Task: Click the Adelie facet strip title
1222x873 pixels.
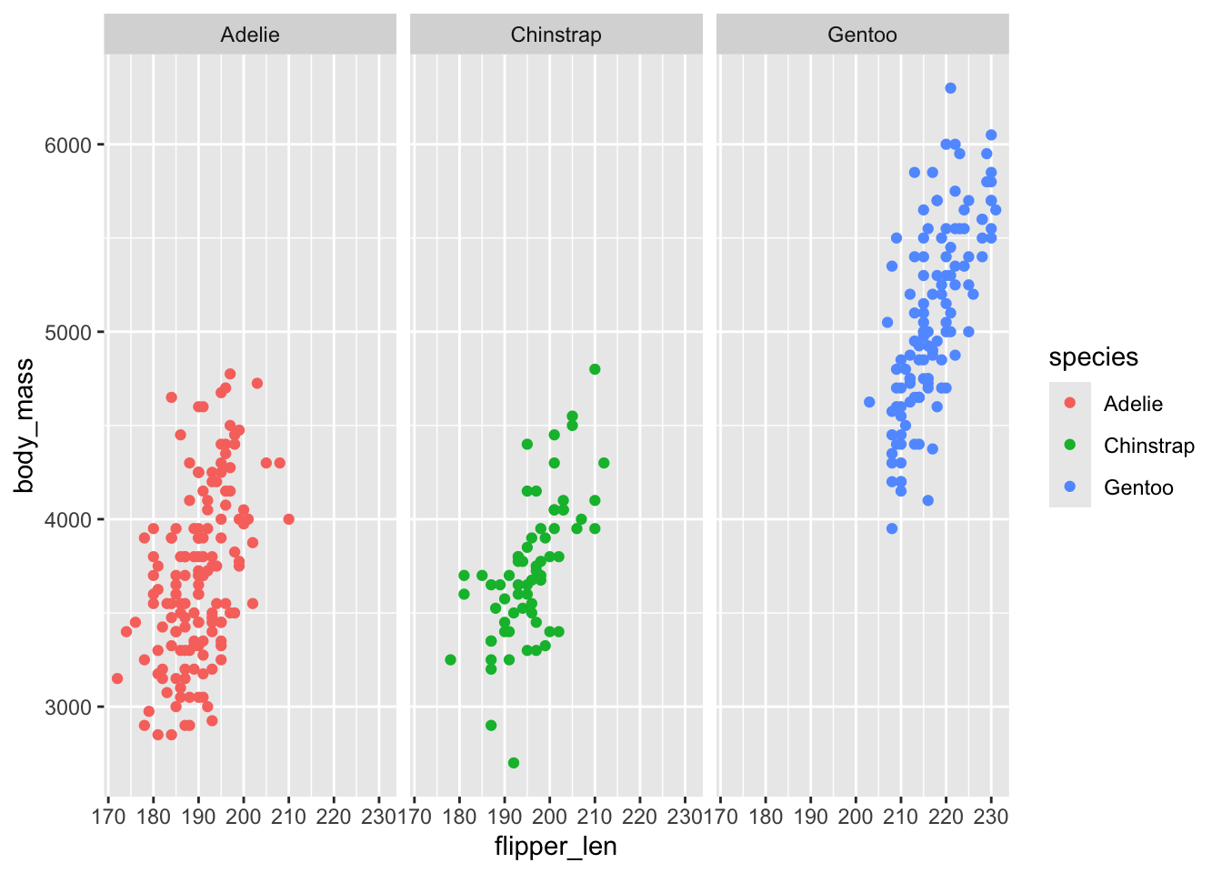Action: [250, 35]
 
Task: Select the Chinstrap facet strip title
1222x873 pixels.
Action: [556, 35]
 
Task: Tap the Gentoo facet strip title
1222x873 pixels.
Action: [862, 35]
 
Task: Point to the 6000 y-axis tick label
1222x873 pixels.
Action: [68, 145]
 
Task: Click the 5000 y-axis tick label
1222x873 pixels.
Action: [68, 333]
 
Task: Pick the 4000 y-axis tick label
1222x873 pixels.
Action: [68, 520]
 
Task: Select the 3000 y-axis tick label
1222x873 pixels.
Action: [68, 707]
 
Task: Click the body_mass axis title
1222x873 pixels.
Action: [25, 426]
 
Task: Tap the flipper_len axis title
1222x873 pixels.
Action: [556, 847]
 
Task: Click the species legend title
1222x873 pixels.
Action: [1093, 357]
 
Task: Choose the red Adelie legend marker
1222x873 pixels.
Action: [1070, 403]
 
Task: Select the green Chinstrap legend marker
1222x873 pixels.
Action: [1070, 445]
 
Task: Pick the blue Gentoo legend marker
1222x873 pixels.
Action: [1070, 487]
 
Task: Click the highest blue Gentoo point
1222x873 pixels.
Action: [950, 88]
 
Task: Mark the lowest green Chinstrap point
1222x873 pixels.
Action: [514, 763]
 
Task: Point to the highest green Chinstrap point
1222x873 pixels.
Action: [595, 369]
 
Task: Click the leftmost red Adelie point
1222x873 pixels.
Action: [117, 678]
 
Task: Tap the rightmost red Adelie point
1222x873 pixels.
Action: [288, 519]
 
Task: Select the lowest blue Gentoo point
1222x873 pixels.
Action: [892, 528]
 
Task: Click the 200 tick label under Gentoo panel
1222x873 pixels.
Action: [855, 817]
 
